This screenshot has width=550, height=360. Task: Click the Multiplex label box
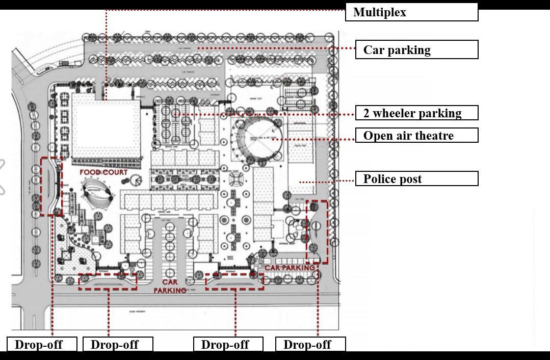pyautogui.click(x=411, y=12)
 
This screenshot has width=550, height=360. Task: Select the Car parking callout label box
pyautogui.click(x=416, y=50)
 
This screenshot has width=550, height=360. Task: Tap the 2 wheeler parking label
pyautogui.click(x=416, y=113)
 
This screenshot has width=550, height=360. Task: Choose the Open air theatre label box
pyautogui.click(x=416, y=135)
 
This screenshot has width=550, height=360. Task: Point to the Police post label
pyautogui.click(x=416, y=178)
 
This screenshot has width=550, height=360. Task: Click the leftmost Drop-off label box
pyautogui.click(x=42, y=344)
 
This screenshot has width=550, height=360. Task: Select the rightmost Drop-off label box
pyautogui.click(x=310, y=344)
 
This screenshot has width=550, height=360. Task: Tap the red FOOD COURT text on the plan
pyautogui.click(x=103, y=172)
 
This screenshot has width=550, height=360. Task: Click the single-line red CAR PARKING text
pyautogui.click(x=290, y=268)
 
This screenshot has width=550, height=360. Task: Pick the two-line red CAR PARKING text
pyautogui.click(x=170, y=286)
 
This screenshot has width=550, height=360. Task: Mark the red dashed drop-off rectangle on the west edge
pyautogui.click(x=51, y=186)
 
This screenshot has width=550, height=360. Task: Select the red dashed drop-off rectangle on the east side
pyautogui.click(x=317, y=232)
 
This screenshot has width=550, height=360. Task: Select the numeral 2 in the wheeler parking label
pyautogui.click(x=366, y=113)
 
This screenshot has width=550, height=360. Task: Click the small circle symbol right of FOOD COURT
pyautogui.click(x=136, y=179)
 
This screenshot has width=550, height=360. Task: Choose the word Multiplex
pyautogui.click(x=380, y=12)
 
